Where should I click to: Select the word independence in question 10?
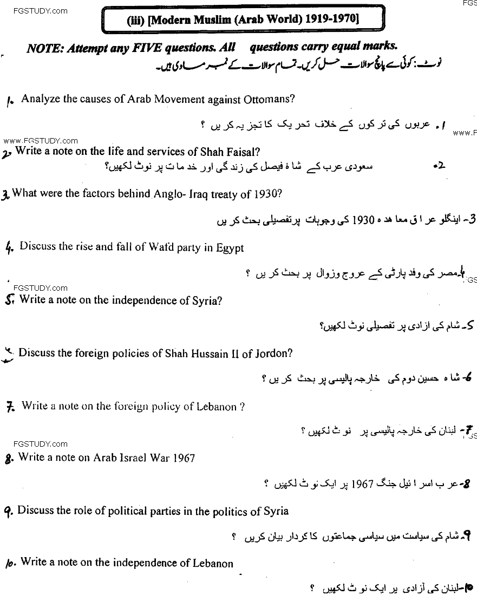pyautogui.click(x=143, y=563)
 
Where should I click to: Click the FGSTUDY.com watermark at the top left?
pyautogui.click(x=34, y=10)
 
